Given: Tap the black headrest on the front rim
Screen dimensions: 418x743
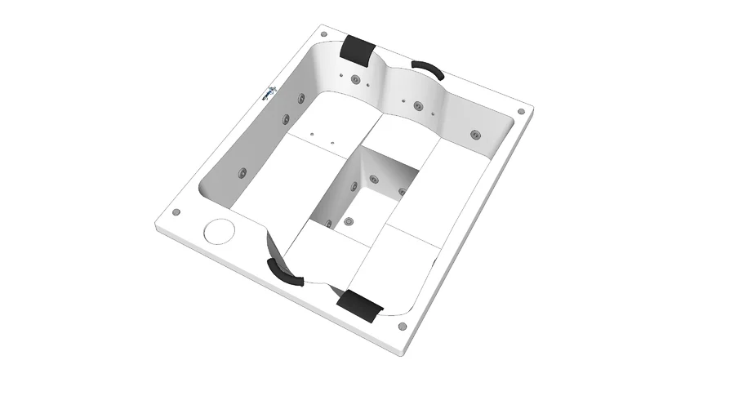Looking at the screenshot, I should tap(361, 305).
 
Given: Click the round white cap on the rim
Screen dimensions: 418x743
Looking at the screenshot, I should tap(218, 231).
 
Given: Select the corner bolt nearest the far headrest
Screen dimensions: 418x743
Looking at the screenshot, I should tap(324, 34).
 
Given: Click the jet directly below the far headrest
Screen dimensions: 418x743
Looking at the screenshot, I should tap(356, 80).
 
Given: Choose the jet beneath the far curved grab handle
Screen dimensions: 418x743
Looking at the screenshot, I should tap(418, 105).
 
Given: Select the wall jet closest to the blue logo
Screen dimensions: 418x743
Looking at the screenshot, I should tap(300, 99).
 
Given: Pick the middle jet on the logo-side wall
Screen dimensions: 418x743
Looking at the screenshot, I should tap(286, 120).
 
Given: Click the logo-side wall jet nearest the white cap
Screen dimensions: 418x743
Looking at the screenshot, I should tap(242, 172).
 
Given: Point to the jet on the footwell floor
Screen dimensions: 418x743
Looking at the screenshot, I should tap(349, 221).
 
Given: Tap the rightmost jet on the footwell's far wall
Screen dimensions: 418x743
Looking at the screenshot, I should tap(402, 193).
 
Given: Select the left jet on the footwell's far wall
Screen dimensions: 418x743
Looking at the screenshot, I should tap(374, 179).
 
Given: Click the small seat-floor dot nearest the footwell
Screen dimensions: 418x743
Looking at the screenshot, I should tap(333, 144).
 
